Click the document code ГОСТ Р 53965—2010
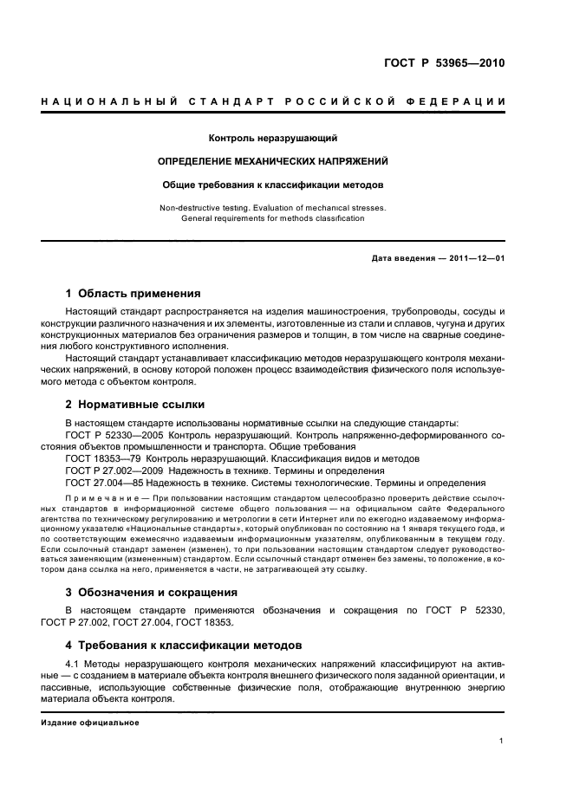coord(443,62)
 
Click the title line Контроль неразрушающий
coord(273,138)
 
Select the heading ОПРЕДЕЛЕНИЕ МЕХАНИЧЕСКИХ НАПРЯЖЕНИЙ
coord(273,161)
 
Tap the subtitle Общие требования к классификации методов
coord(273,185)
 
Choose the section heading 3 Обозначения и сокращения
coord(151,593)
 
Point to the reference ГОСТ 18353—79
coord(105,457)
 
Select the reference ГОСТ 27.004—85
coord(105,483)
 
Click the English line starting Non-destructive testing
coord(273,208)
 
